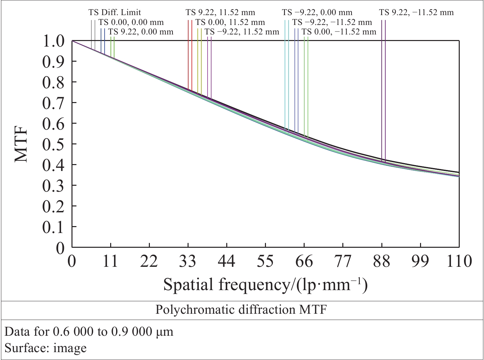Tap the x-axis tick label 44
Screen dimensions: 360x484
pyautogui.click(x=227, y=261)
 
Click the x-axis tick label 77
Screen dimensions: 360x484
pyautogui.click(x=343, y=261)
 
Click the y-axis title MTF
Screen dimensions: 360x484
pyautogui.click(x=22, y=145)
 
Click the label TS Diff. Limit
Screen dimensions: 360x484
pyautogui.click(x=114, y=12)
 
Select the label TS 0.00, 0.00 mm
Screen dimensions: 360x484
pyautogui.click(x=131, y=22)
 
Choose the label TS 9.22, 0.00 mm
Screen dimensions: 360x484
pyautogui.click(x=141, y=32)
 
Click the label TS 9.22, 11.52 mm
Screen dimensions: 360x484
pyautogui.click(x=220, y=12)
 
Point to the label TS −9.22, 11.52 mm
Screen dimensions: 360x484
pyautogui.click(x=242, y=32)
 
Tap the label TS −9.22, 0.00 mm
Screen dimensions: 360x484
pyautogui.click(x=317, y=12)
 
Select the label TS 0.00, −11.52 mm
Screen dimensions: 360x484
pyautogui.click(x=339, y=32)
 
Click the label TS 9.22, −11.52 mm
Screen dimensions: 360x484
pyautogui.click(x=416, y=12)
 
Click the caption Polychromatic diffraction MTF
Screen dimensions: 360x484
pyautogui.click(x=241, y=309)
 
